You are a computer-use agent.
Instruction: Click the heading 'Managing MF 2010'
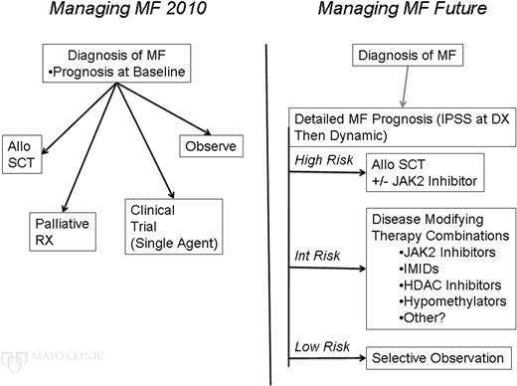tap(116, 14)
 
